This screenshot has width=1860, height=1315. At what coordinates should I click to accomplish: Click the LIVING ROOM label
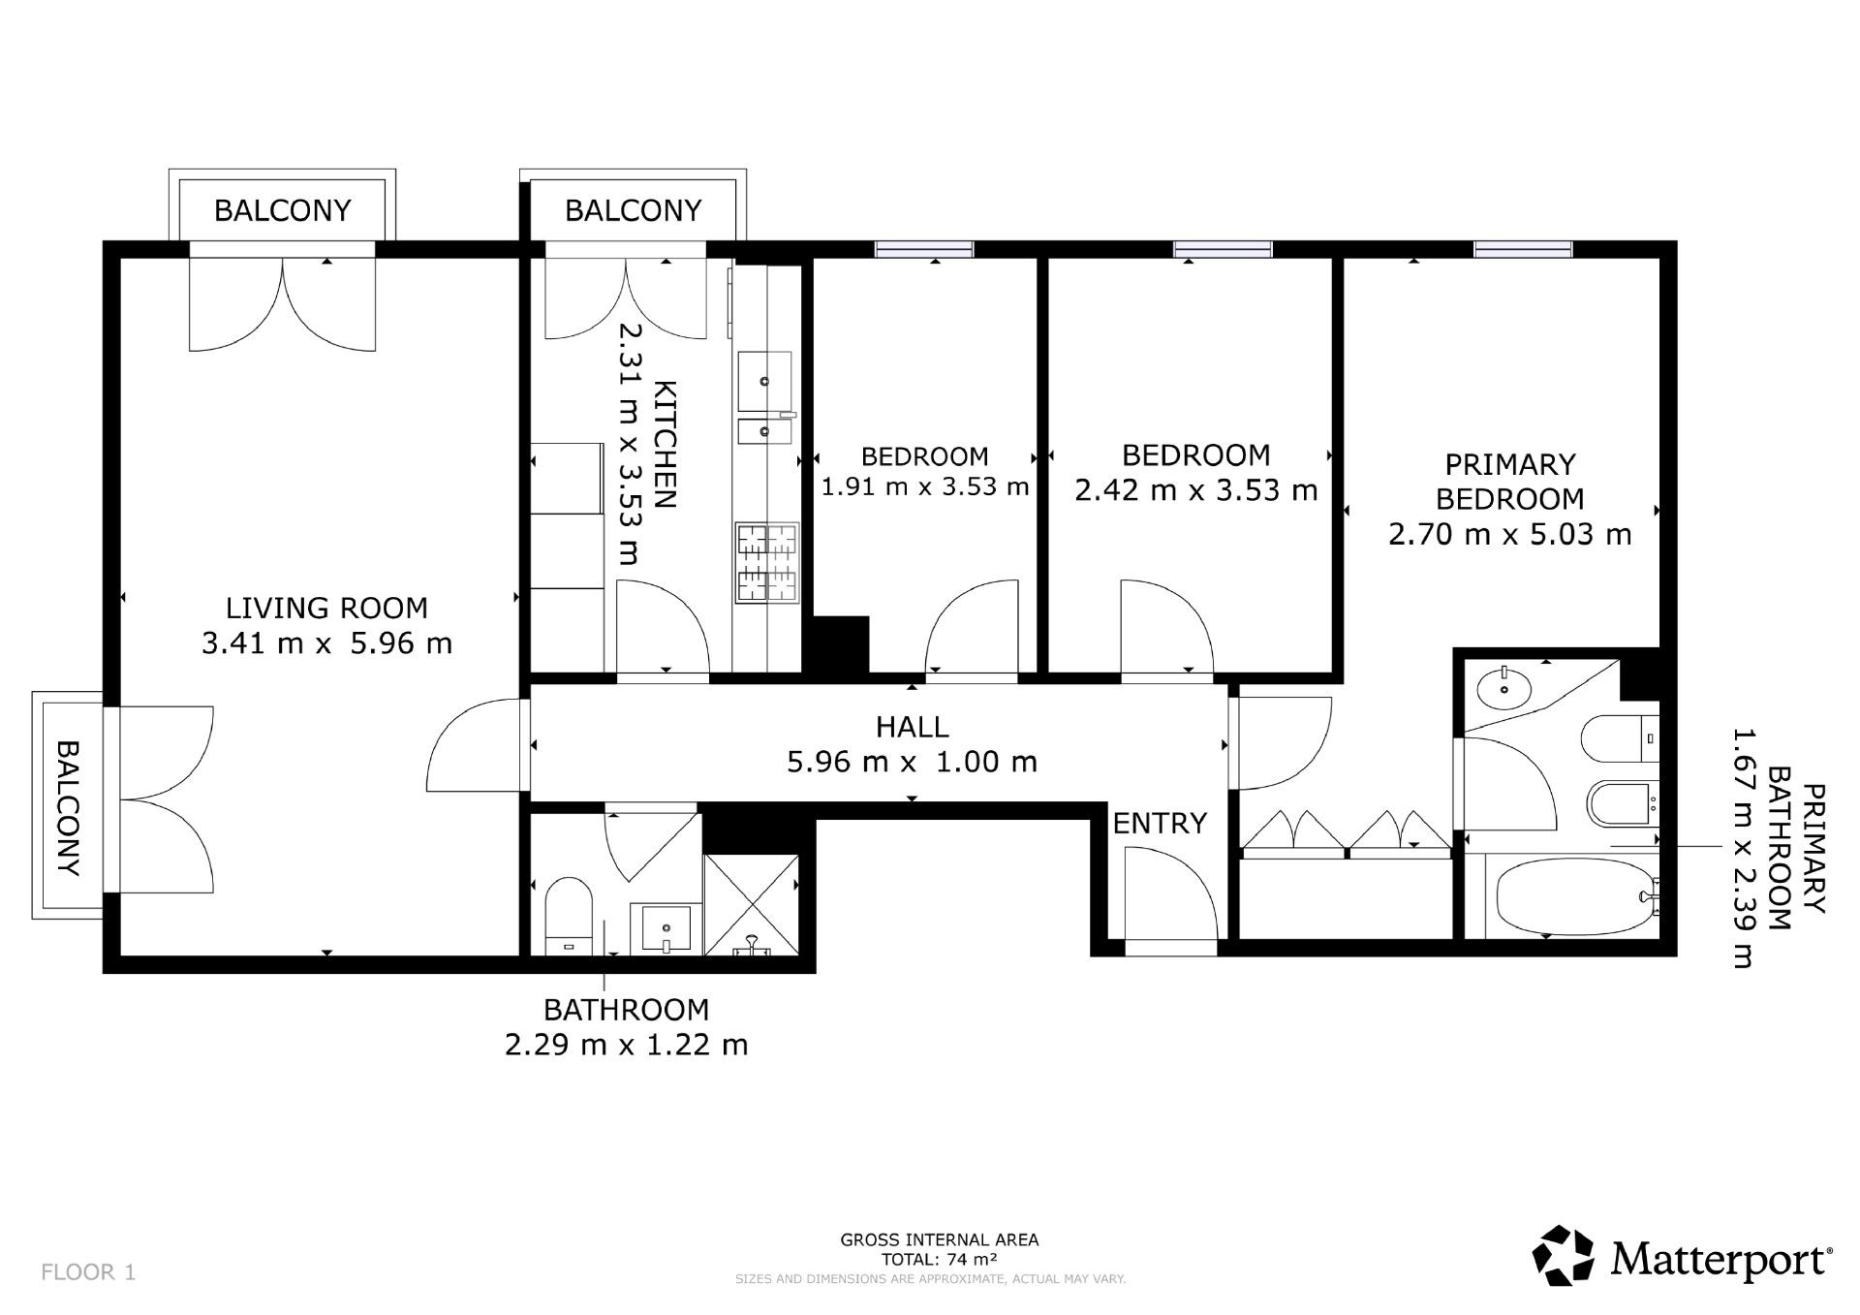[x=326, y=609]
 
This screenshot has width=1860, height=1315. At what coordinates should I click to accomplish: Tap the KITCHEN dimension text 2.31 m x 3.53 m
[x=631, y=444]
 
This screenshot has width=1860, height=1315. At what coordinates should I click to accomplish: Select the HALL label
[x=912, y=727]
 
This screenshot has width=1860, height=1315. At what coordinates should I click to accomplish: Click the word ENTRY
[x=1160, y=824]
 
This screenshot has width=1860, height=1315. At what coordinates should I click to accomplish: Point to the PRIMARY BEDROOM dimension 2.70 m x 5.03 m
[x=1509, y=534]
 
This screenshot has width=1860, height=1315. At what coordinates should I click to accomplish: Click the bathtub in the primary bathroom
[x=1574, y=897]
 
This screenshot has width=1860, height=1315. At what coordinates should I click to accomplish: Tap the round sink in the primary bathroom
[x=1504, y=689]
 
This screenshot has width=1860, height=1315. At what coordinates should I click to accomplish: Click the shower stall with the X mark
[x=752, y=905]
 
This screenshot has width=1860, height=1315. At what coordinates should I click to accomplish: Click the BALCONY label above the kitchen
[x=633, y=210]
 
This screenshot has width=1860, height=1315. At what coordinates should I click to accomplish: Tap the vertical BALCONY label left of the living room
[x=67, y=808]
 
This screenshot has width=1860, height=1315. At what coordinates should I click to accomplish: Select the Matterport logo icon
[x=1563, y=1257]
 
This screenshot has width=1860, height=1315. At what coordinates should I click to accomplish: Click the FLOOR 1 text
[x=88, y=1272]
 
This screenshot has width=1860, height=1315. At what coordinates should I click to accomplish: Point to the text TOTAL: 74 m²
[x=939, y=1260]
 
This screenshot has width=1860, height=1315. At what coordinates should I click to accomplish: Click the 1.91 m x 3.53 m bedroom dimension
[x=925, y=486]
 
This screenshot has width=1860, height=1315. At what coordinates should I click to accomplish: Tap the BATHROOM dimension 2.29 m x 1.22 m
[x=627, y=1046]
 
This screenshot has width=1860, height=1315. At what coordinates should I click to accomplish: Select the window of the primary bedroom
[x=1523, y=249]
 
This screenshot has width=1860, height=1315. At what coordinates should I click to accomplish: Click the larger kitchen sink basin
[x=765, y=381]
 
